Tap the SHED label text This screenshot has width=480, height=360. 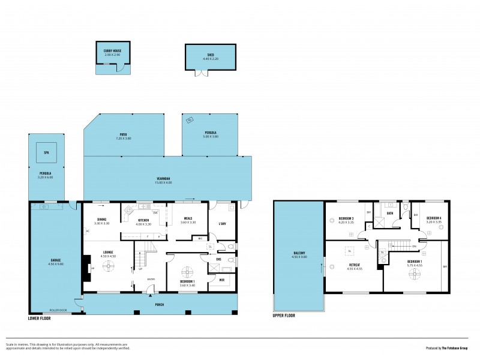(x=211, y=55)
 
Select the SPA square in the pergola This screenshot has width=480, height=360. (x=46, y=152)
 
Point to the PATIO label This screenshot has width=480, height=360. (x=123, y=134)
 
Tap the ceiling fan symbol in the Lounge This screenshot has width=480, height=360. (x=109, y=268)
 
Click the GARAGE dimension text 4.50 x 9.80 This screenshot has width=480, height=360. (x=56, y=265)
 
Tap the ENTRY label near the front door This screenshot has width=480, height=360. (x=151, y=278)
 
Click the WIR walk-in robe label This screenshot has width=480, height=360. (x=220, y=280)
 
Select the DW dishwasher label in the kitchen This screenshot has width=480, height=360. (x=155, y=212)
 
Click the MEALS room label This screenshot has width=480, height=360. (x=188, y=218)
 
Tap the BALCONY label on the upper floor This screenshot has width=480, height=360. (x=300, y=253)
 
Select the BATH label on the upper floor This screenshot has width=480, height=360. (x=390, y=213)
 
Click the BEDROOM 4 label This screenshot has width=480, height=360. (x=434, y=218)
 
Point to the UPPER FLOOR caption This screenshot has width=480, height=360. (x=286, y=315)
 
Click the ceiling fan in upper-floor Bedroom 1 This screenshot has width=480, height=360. (x=414, y=274)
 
